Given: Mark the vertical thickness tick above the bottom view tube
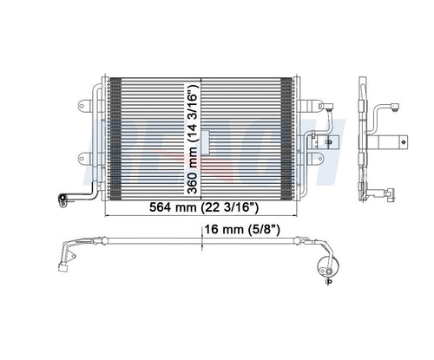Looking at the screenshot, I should click(201, 234).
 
